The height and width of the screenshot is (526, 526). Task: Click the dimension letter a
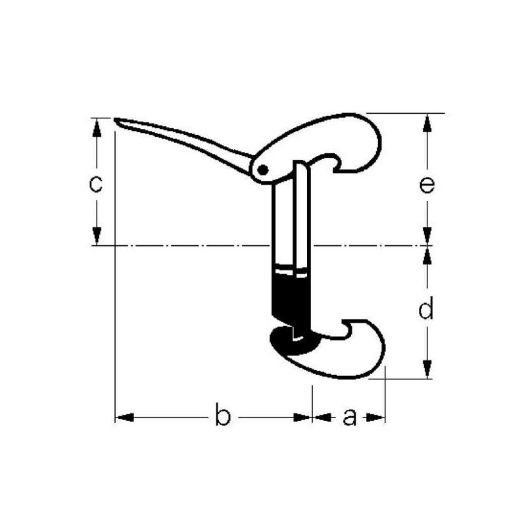pyautogui.click(x=350, y=418)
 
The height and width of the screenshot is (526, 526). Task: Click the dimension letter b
pyautogui.click(x=223, y=414)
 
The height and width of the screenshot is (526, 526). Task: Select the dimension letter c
pyautogui.click(x=95, y=184)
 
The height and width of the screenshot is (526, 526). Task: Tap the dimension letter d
pyautogui.click(x=426, y=307)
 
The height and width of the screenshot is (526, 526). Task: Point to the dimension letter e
pyautogui.click(x=427, y=185)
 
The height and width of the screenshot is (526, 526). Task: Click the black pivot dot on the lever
pyautogui.click(x=262, y=170)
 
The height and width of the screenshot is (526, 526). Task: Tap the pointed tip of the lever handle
pyautogui.click(x=115, y=119)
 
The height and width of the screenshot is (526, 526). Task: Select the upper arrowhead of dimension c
pyautogui.click(x=97, y=128)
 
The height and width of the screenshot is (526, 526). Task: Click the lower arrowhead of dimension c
pyautogui.click(x=97, y=236)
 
